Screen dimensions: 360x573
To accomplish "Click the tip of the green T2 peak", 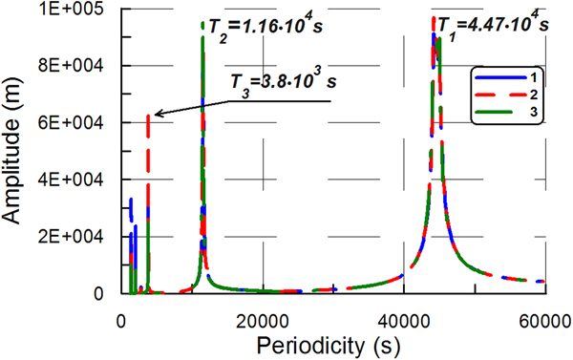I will [x=202, y=23].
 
